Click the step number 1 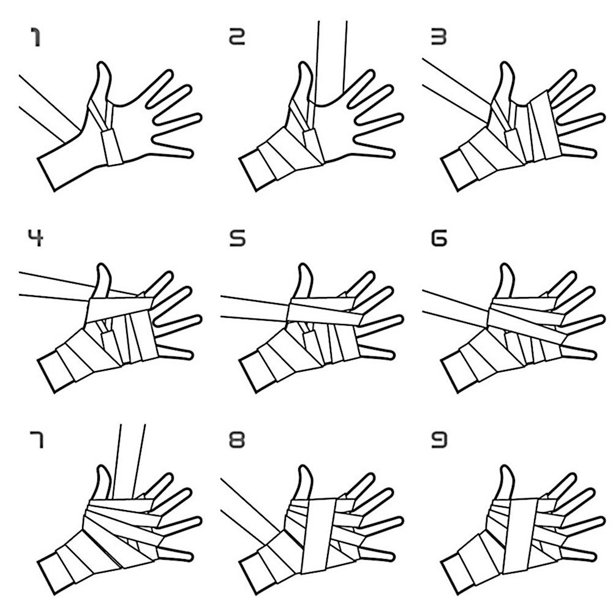[36, 37]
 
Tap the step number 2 [237, 37]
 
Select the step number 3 [438, 37]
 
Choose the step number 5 [238, 238]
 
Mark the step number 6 [438, 238]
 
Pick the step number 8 [237, 440]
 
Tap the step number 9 [438, 440]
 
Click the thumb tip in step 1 [102, 64]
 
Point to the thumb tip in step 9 [505, 468]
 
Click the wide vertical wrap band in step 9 [520, 536]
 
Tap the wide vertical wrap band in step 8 [319, 536]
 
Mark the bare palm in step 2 [336, 129]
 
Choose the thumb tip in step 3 [505, 64]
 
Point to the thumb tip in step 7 [102, 468]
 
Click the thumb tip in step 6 [505, 266]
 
